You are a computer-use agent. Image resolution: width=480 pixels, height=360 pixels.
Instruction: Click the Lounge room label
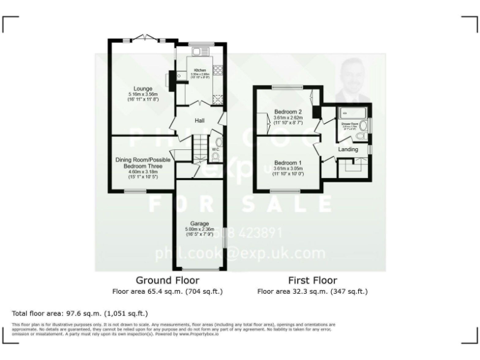point(142,89)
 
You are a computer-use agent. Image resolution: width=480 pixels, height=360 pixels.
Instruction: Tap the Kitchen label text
point(200,70)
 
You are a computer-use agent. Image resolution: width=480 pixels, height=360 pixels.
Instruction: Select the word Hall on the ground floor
point(200,120)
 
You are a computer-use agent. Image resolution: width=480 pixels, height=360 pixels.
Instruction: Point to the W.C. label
point(214,149)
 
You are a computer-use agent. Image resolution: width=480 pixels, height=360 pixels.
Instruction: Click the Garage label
point(199,224)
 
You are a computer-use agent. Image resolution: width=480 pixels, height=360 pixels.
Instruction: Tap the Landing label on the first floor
point(348,149)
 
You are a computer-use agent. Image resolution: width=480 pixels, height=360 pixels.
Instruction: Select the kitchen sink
point(202,52)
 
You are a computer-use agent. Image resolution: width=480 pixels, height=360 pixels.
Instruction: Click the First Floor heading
point(312,280)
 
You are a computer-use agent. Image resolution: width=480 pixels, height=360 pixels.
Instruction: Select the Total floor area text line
point(80,313)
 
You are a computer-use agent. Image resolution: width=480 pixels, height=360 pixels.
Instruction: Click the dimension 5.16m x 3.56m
point(142,94)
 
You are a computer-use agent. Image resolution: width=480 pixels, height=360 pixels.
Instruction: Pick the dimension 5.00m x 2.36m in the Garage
point(199,229)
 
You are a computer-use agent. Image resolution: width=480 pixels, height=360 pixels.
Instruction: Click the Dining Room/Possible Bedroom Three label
point(142,162)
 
